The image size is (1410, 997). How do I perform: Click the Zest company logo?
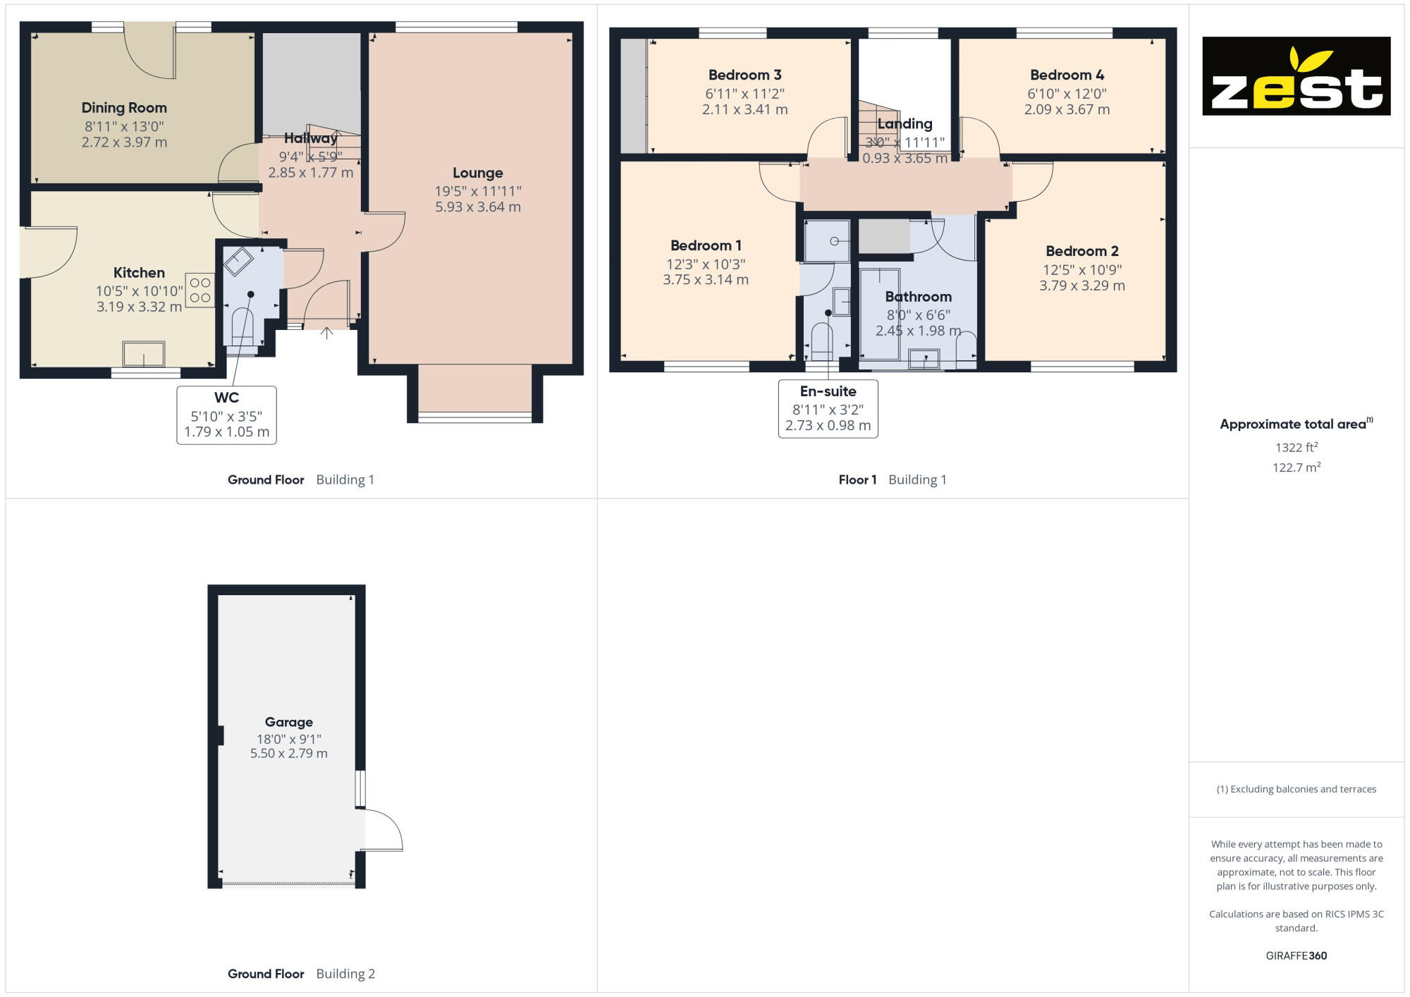coord(1296,76)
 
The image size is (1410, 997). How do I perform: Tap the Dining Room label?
coord(124,108)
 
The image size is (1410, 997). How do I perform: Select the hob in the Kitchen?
coord(200,290)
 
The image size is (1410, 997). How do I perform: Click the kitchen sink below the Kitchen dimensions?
coord(144,354)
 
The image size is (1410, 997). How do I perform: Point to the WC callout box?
coord(226,415)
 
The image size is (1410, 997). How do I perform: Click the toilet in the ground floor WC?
coord(242,328)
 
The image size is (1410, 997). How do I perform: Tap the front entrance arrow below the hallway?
coord(326,333)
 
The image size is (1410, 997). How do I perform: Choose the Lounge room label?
coord(477,173)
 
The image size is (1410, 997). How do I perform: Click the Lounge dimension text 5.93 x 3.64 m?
coord(477,207)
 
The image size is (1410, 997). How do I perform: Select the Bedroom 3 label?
coord(744,75)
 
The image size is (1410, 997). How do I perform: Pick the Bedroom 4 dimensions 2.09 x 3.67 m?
coord(1067,110)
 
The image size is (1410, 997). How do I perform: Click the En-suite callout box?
coord(828,409)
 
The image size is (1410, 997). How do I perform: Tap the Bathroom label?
coord(918,297)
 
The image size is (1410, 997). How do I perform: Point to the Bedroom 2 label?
coord(1081,251)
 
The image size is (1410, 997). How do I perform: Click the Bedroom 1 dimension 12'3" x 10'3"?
coord(705,264)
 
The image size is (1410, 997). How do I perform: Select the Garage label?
coord(288,722)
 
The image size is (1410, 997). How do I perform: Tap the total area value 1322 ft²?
coord(1296,448)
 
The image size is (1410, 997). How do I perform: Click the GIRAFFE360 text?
coord(1296,956)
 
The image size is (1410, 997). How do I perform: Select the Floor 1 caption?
coord(857,480)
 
